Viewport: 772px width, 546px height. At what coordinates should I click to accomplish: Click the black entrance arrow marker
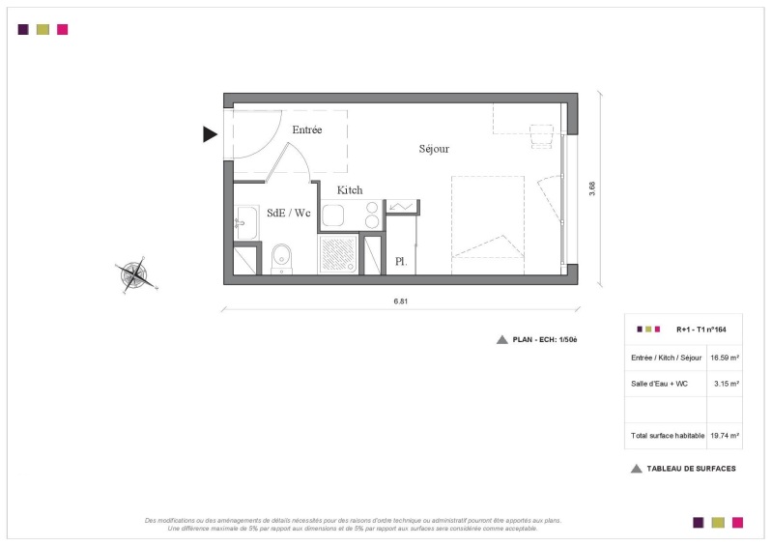coord(210,134)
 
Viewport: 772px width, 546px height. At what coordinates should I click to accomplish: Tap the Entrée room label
coord(306,129)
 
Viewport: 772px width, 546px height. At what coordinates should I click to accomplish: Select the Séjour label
coord(434,149)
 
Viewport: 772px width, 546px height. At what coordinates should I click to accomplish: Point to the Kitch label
coord(350,190)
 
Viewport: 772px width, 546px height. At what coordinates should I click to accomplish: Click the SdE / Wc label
coord(289,213)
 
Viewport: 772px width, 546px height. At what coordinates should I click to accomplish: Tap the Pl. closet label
coord(401,262)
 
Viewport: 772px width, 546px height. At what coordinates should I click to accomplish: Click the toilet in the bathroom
coord(281,259)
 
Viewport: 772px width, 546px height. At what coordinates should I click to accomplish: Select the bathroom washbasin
coord(246,223)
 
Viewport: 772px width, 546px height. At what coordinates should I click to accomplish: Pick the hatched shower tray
coord(338,254)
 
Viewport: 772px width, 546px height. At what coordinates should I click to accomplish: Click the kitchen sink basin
coord(332,216)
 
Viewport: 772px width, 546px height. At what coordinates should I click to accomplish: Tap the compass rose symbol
coord(136,274)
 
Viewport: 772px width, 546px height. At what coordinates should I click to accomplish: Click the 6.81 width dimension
coord(400,302)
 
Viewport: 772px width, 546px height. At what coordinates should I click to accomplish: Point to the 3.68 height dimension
coord(591,188)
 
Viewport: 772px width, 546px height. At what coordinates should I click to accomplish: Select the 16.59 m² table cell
coord(725,358)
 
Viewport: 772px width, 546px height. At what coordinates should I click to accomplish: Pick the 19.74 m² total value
coord(725,436)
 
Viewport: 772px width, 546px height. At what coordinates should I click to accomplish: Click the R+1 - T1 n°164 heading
coord(701,330)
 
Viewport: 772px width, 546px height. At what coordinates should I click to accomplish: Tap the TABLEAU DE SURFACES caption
coord(691,469)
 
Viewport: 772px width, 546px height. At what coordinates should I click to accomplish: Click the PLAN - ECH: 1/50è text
coord(545,340)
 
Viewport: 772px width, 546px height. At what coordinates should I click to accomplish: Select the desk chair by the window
coord(542,136)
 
